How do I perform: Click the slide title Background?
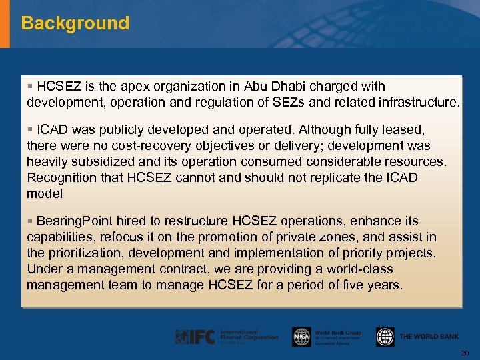point(75,23)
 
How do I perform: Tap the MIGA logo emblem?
point(301,337)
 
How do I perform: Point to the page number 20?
point(465,353)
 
